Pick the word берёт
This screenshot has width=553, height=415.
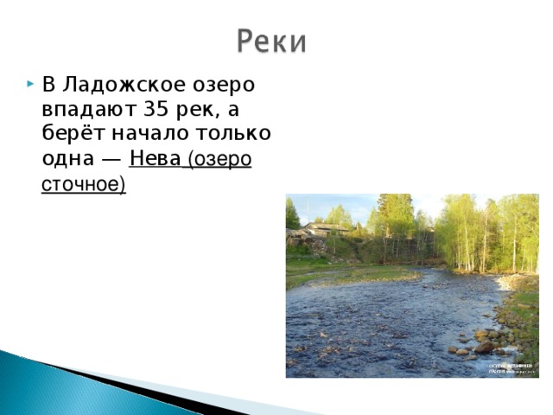[x=68, y=135]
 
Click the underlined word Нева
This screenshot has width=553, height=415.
[x=155, y=160]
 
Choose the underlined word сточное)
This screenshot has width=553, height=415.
[x=84, y=184]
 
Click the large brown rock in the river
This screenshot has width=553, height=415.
[x=483, y=347]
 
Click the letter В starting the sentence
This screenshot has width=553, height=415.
[x=48, y=86]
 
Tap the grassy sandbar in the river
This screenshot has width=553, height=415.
[x=363, y=275]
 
